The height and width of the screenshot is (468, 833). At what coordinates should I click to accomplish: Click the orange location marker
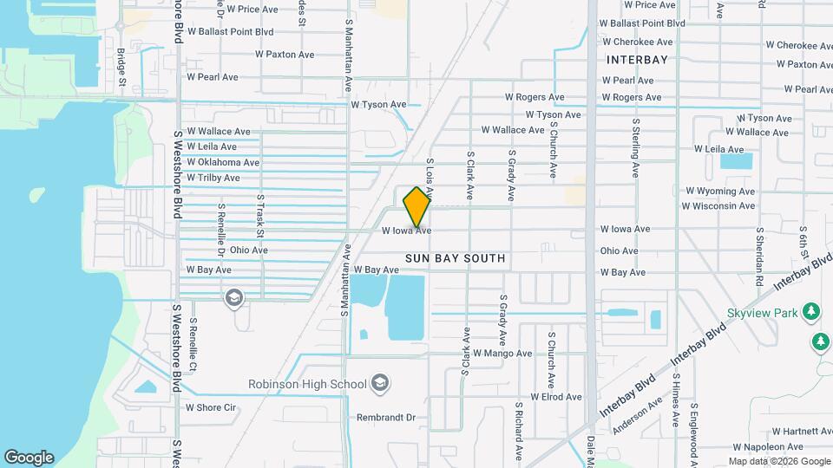417,206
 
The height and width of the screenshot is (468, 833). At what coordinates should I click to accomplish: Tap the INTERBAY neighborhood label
638,60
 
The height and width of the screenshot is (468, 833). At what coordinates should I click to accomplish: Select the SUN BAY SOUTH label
455,258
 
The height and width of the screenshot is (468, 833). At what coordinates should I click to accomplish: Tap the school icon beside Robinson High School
379,382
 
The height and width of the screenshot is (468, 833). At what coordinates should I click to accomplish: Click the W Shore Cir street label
211,407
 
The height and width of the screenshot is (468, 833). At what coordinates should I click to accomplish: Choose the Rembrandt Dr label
386,417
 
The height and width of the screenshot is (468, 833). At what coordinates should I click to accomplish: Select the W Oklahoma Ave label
222,162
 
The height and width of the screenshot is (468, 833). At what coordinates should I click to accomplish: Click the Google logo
29,457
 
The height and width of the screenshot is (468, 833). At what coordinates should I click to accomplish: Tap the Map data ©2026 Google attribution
778,461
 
